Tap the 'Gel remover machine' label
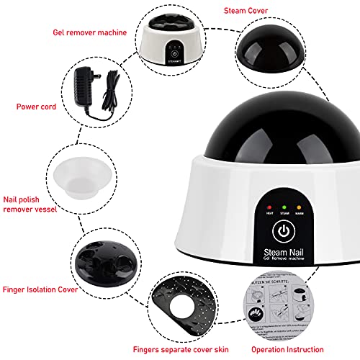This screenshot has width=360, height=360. click(89, 33)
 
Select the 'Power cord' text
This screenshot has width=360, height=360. click(36, 106)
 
